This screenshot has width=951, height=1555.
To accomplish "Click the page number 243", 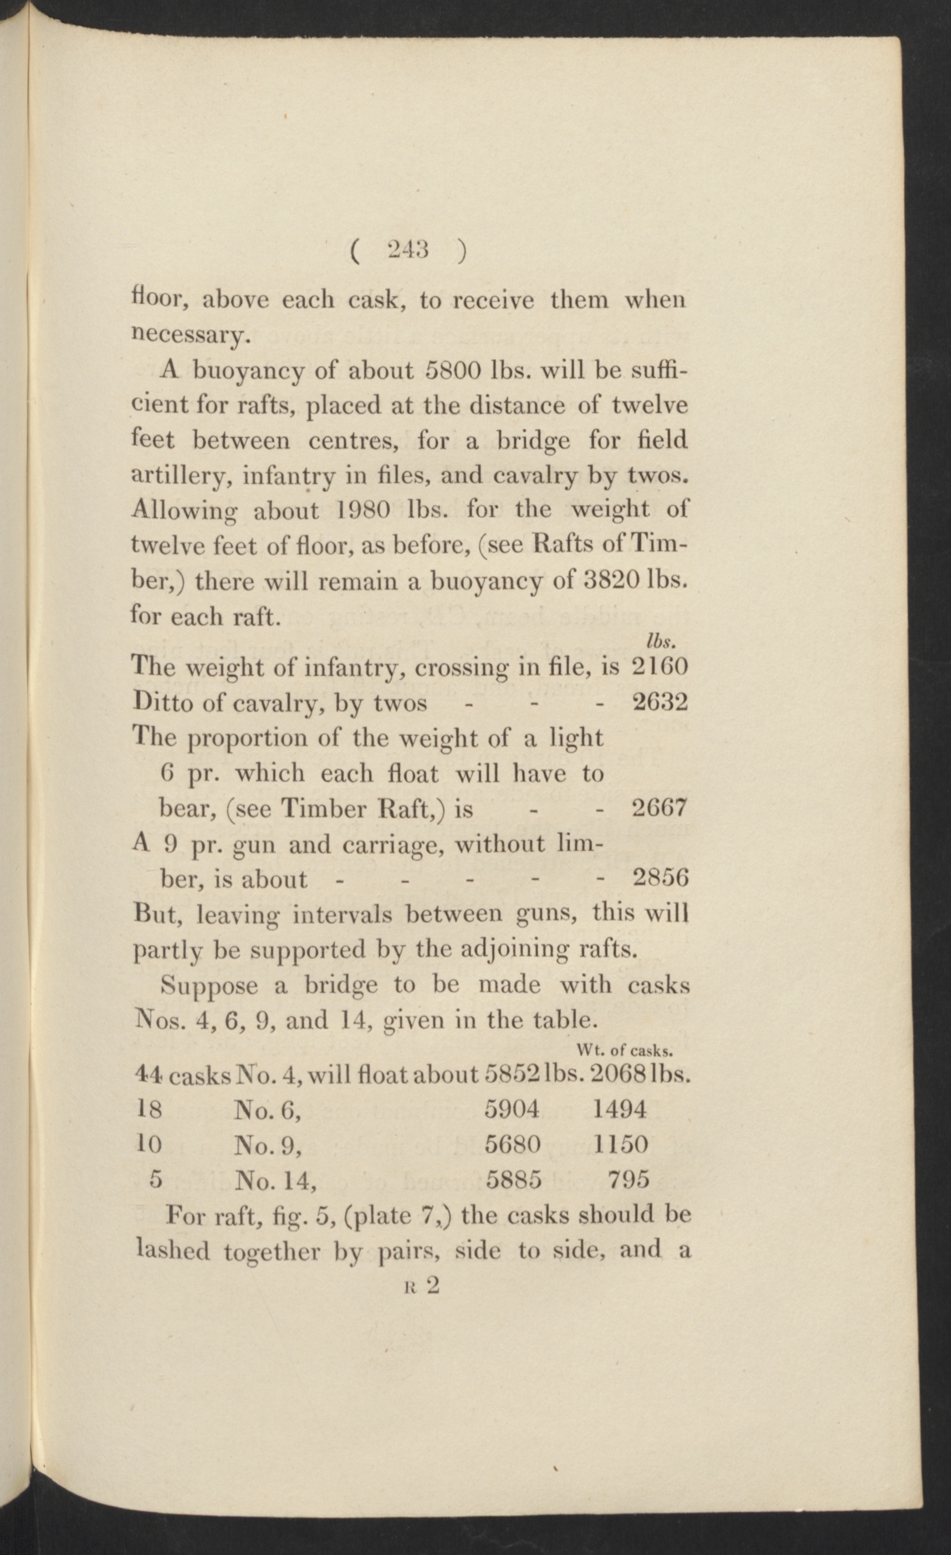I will tap(408, 251).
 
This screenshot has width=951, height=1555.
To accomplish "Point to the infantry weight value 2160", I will tap(659, 667).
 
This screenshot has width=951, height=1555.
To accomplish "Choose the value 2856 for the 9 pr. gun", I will tap(659, 879).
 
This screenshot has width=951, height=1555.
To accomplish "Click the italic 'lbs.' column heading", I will tap(661, 642).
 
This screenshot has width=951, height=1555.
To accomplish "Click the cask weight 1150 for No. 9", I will tap(620, 1144).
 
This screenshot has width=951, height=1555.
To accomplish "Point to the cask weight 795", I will tap(628, 1179).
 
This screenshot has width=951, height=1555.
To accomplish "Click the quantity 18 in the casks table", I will tap(150, 1109).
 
